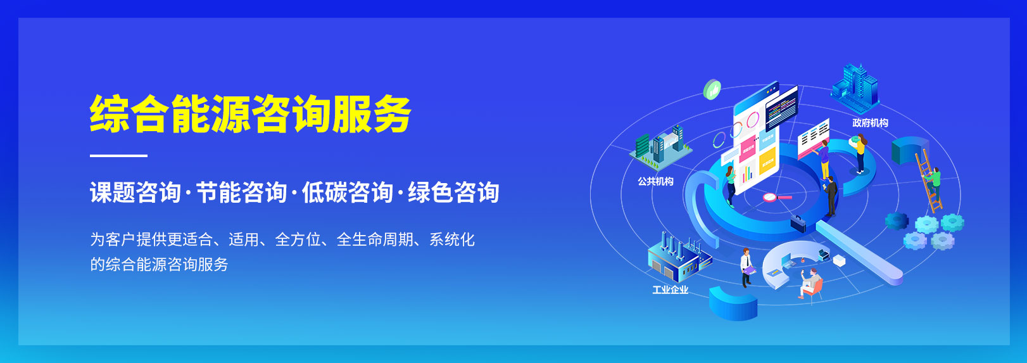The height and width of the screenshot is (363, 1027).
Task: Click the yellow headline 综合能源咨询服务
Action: (250, 114)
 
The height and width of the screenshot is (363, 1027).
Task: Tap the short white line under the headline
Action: (118, 156)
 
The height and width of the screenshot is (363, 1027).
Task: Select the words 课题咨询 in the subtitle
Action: (135, 192)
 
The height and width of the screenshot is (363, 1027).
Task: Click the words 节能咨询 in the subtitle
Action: (242, 192)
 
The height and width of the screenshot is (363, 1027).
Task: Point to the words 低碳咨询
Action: (348, 192)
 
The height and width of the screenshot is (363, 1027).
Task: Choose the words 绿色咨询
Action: (453, 192)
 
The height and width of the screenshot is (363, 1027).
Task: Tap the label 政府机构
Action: (870, 123)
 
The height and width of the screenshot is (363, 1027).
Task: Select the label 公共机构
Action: (655, 181)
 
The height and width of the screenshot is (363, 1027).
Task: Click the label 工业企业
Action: (671, 290)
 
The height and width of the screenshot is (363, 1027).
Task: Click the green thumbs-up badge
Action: (712, 89)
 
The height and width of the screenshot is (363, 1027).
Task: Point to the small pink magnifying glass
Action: (777, 197)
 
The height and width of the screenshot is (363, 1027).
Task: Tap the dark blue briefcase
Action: (798, 224)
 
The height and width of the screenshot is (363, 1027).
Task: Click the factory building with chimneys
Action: (679, 258)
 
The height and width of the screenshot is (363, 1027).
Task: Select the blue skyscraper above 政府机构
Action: (855, 88)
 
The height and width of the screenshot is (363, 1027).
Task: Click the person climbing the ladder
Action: (933, 182)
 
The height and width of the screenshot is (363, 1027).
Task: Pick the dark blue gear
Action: (897, 221)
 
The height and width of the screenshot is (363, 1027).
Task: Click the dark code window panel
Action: (781, 108)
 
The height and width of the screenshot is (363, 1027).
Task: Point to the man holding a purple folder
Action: (747, 267)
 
